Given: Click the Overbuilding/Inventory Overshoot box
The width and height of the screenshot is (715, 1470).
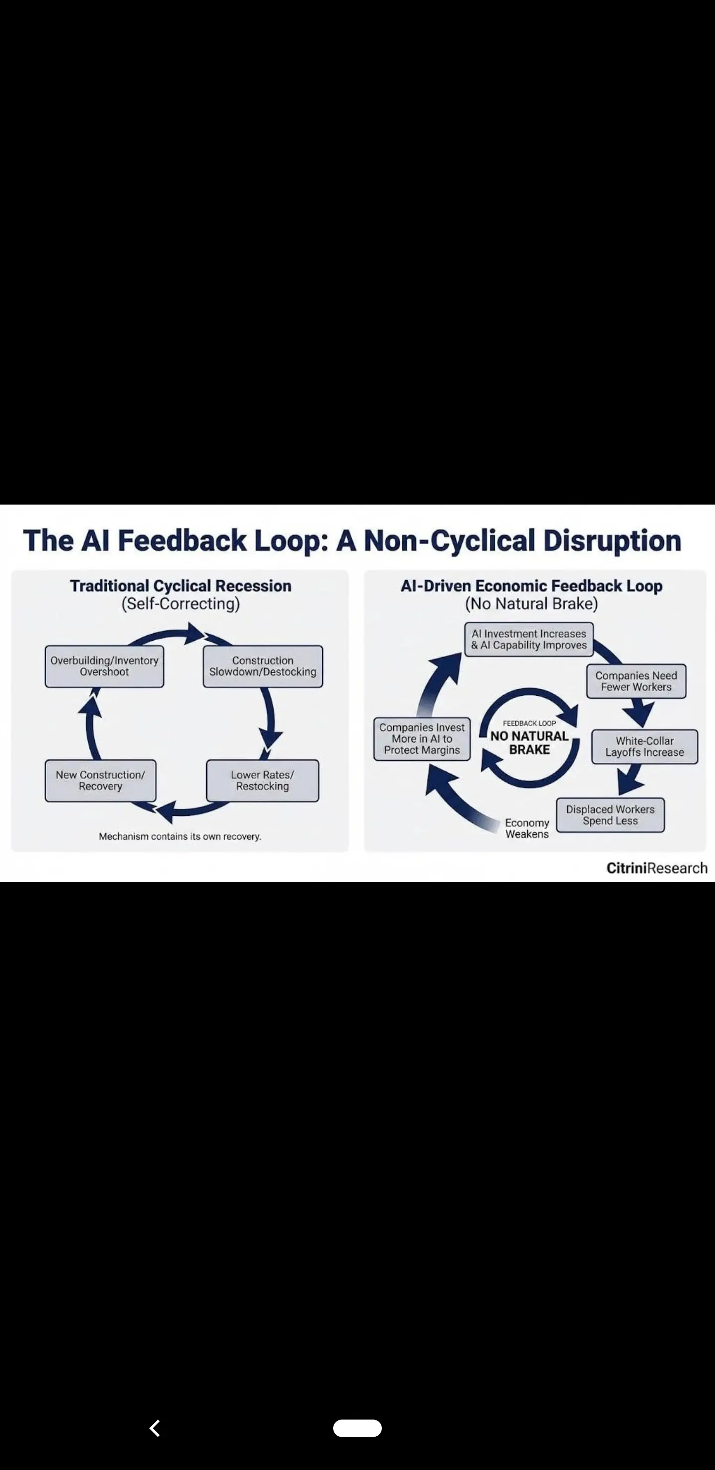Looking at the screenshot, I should click(104, 666).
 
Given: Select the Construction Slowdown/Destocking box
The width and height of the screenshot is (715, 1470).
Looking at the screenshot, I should click(263, 666).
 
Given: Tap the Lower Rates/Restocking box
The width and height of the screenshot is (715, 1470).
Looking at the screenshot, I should click(263, 780).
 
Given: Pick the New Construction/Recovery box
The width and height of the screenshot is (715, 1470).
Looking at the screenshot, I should click(100, 780).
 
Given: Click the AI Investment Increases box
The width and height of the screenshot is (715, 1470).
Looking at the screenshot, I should click(528, 639).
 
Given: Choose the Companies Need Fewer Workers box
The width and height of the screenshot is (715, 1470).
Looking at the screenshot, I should click(636, 681).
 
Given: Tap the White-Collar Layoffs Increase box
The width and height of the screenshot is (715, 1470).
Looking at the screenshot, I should click(644, 746).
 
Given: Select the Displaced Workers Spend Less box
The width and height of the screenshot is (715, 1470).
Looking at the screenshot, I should click(610, 815).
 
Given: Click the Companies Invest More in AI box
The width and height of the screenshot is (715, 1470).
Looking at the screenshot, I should click(422, 738).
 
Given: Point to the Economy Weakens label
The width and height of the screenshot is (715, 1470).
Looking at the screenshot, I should click(527, 828).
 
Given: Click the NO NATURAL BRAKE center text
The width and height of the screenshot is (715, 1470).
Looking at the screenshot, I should click(529, 742).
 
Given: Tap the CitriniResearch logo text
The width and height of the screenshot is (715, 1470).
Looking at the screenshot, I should click(656, 868).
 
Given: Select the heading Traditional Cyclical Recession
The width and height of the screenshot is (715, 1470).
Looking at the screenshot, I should click(180, 586).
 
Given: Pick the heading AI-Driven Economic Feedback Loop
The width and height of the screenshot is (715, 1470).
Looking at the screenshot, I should click(531, 586).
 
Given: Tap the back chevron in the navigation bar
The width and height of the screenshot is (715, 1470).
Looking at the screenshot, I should click(154, 1428).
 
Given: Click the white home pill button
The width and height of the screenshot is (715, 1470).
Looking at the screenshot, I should click(357, 1428).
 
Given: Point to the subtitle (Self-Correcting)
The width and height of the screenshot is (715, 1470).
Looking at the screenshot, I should click(180, 604).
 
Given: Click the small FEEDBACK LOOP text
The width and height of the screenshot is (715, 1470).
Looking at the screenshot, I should click(529, 723).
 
